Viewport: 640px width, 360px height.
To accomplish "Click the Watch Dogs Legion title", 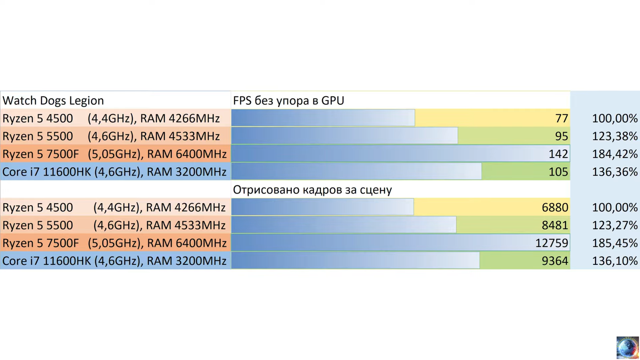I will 53,100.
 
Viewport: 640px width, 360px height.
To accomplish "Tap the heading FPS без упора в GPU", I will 288,100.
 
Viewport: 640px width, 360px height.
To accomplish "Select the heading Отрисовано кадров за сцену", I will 312,190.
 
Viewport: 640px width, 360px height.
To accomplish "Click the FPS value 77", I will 562,118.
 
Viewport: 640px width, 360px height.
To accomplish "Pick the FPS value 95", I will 562,136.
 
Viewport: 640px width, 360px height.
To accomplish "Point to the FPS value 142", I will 558,154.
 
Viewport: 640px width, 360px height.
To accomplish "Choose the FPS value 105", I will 558,172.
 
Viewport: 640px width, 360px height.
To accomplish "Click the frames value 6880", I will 555,208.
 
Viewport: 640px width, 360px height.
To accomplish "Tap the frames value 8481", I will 555,225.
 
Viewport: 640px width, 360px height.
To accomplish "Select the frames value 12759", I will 552,243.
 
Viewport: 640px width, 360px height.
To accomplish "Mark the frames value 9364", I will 555,261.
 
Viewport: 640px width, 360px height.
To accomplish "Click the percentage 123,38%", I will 615,136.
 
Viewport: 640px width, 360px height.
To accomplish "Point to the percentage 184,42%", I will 615,154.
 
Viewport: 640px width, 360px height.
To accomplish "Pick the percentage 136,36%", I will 615,172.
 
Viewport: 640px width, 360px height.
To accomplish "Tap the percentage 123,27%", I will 615,225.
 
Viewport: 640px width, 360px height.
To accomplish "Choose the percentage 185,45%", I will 615,243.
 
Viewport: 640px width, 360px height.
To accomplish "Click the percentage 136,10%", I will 615,261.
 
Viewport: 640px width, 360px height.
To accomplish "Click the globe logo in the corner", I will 628,347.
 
